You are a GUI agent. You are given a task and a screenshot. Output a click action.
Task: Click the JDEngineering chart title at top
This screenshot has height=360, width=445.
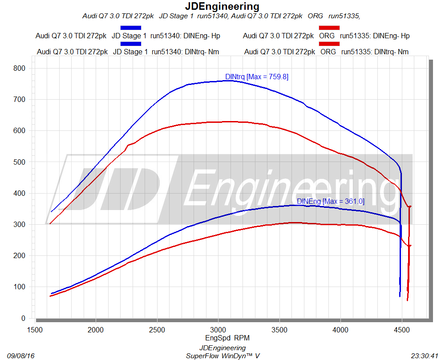(222, 7)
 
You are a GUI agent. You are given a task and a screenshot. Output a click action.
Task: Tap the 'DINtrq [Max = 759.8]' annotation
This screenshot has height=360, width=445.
(257, 77)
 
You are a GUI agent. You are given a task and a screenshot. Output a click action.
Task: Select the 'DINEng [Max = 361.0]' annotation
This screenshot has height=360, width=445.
(331, 202)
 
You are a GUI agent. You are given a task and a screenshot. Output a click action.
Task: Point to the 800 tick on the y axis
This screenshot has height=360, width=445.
(20, 68)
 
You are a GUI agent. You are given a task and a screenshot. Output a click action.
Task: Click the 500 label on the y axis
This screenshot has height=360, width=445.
(20, 162)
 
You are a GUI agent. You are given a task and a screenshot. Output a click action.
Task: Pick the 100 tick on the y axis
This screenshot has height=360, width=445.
(20, 287)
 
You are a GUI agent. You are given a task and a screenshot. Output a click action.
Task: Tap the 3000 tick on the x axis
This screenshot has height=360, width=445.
(218, 330)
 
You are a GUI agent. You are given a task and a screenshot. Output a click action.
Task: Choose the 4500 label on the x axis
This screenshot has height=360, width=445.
(402, 330)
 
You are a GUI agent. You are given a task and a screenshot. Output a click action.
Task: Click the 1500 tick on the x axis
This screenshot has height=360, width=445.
(35, 330)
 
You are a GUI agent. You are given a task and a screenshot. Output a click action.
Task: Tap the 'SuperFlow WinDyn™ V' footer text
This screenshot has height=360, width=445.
(222, 356)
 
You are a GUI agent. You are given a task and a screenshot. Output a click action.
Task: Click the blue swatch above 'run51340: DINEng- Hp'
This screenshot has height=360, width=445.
(131, 28)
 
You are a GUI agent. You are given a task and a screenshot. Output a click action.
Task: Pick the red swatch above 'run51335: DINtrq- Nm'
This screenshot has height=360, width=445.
(329, 44)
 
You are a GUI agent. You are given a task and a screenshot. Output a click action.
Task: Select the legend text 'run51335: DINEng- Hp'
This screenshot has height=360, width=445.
(375, 36)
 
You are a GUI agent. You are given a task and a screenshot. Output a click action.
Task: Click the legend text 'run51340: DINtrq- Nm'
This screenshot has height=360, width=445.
(185, 52)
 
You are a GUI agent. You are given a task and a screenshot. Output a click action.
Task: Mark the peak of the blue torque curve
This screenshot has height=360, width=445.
(227, 81)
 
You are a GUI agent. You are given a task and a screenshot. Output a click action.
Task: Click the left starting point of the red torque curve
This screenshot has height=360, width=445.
(50, 223)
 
